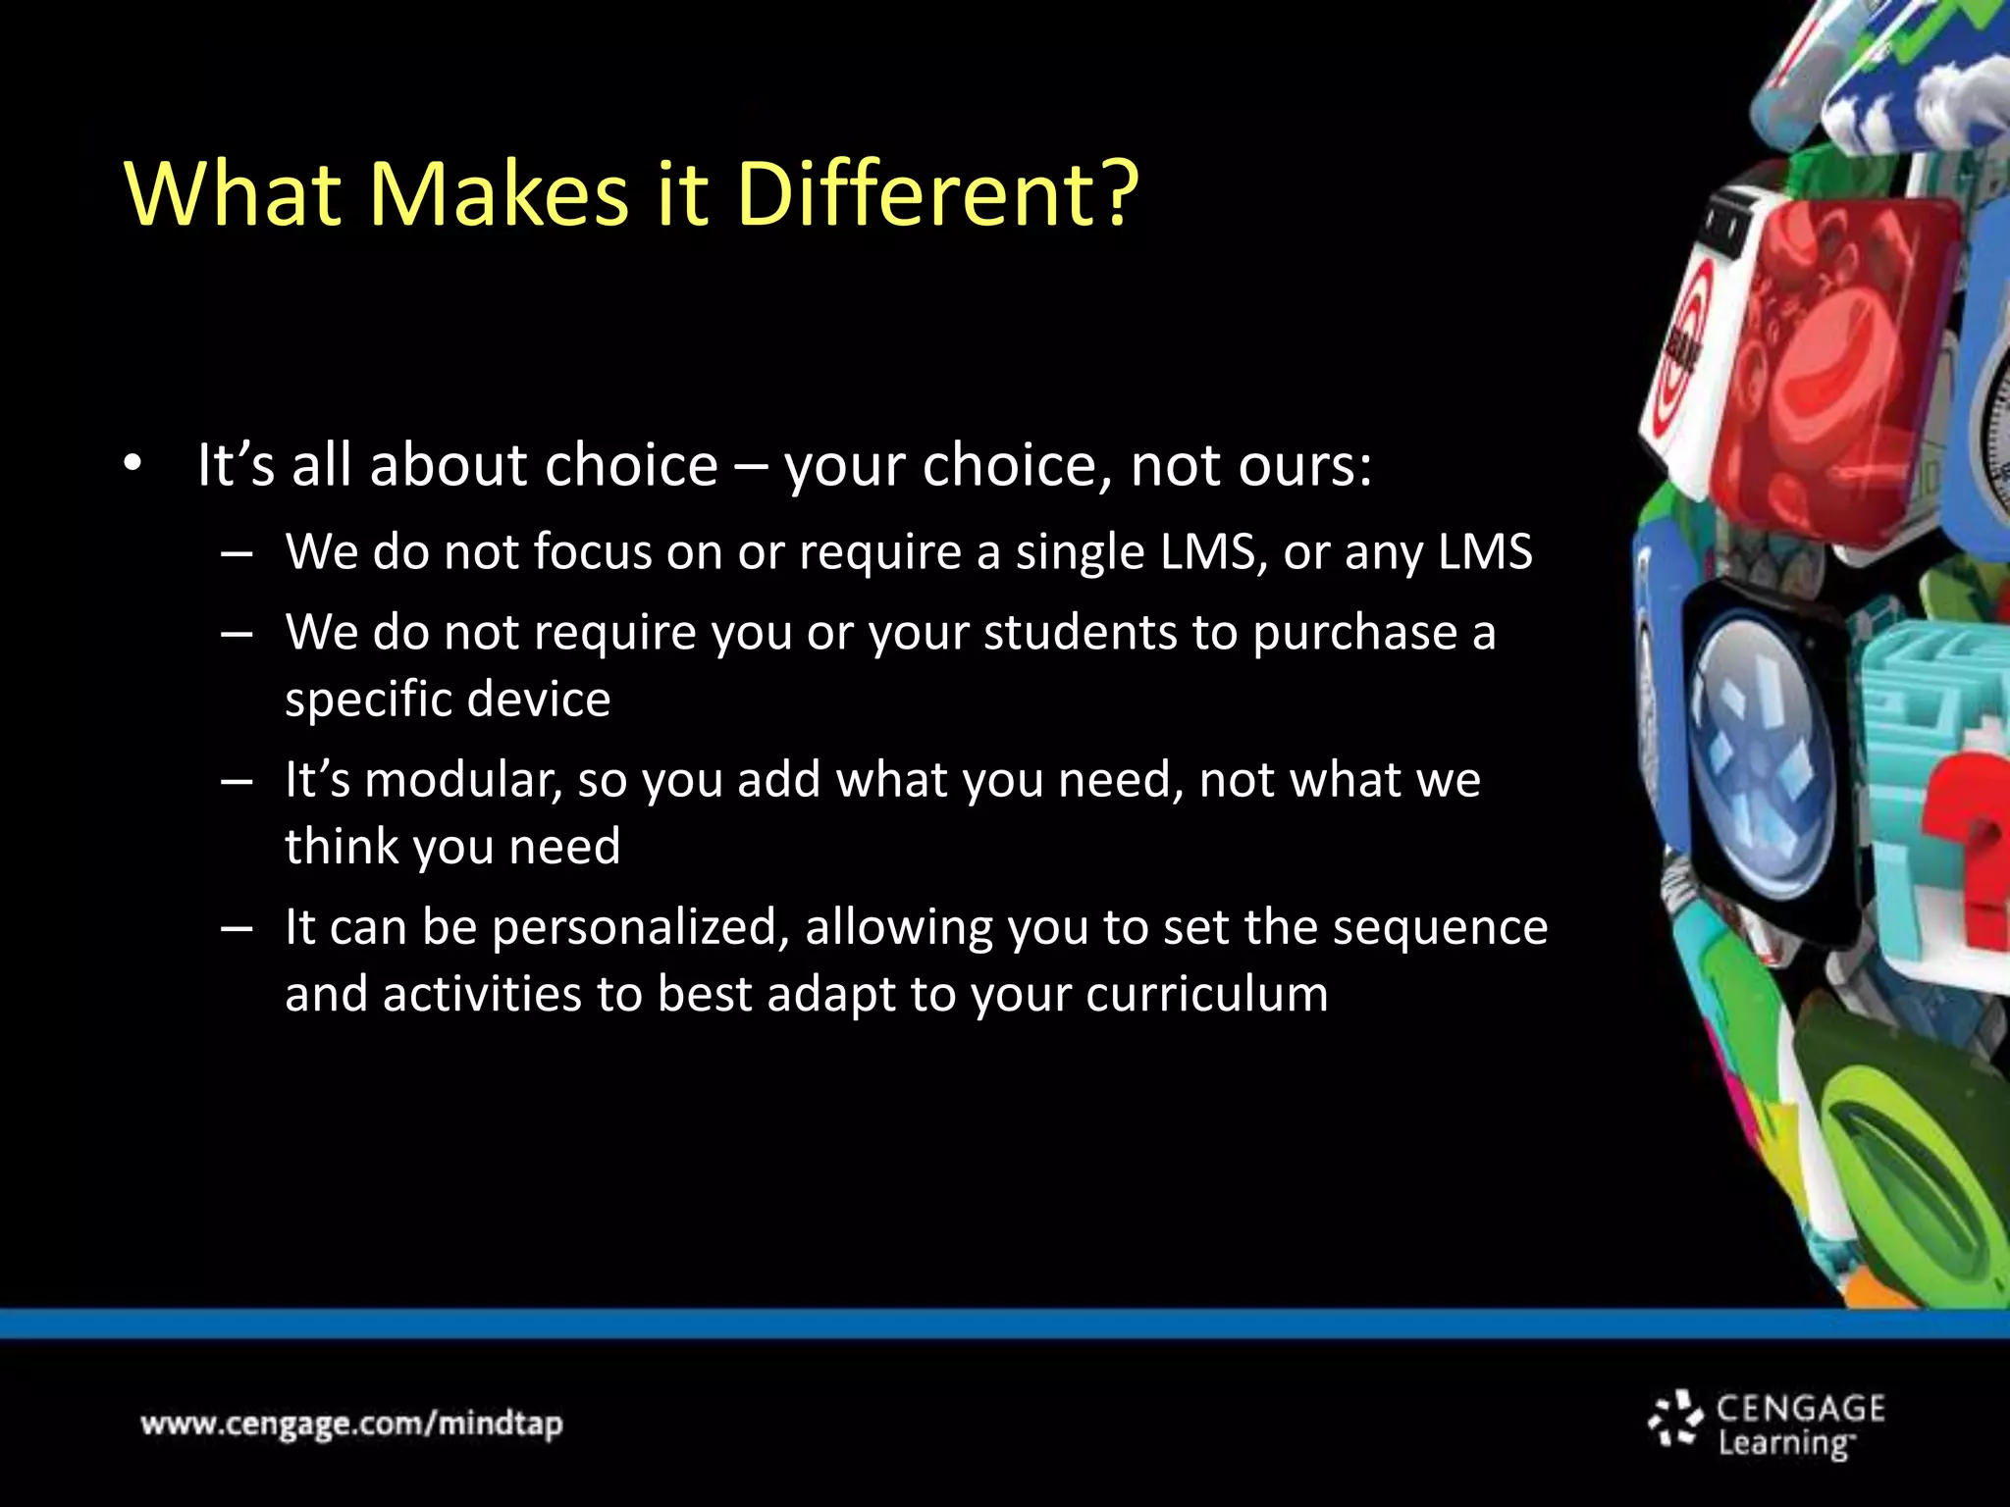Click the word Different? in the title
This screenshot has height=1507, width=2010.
coord(937,193)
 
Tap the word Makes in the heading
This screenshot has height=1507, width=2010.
coord(498,193)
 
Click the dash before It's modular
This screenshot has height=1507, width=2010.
coord(237,783)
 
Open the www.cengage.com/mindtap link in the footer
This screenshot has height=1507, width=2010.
coord(351,1424)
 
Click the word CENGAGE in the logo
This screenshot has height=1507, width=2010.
coord(1800,1409)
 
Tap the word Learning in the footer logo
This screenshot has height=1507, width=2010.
coord(1783,1444)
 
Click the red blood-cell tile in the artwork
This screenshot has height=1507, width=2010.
coord(1825,363)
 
